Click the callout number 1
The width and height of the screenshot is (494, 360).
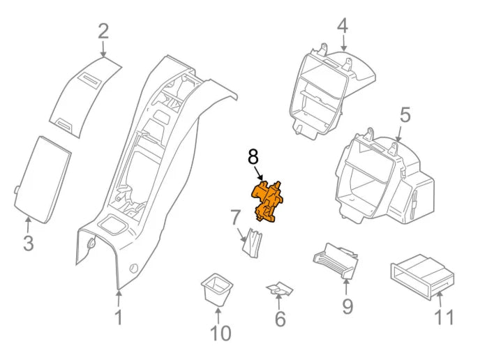click(119, 317)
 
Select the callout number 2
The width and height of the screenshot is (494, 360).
click(103, 31)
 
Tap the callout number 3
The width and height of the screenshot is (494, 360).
click(28, 244)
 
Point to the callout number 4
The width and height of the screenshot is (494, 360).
click(342, 26)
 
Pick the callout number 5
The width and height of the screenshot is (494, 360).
click(405, 114)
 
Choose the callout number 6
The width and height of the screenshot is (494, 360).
click(280, 320)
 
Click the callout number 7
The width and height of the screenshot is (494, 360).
click(236, 217)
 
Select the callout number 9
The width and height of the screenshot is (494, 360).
click(347, 306)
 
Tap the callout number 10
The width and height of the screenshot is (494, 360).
click(220, 333)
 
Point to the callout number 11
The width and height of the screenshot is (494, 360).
click(444, 317)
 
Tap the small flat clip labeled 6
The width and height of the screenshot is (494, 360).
click(280, 290)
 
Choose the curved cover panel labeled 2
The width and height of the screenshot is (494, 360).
click(85, 98)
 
